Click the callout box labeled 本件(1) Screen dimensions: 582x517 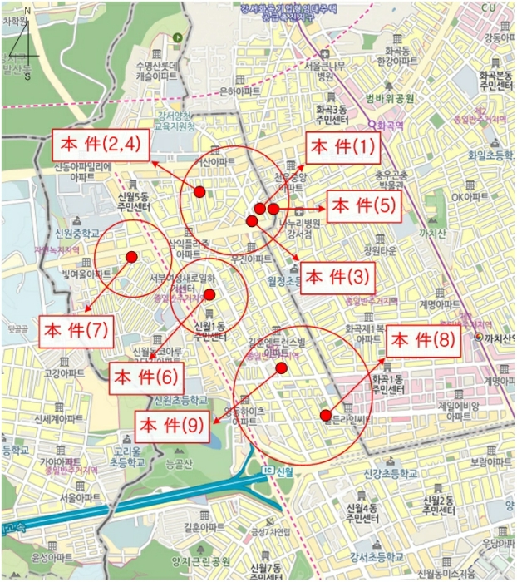(x=342, y=149)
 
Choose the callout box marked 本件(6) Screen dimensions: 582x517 (x=146, y=377)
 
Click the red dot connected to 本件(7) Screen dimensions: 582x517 (x=130, y=258)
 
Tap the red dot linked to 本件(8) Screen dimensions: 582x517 (x=326, y=415)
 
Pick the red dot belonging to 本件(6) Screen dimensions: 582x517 (x=209, y=294)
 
